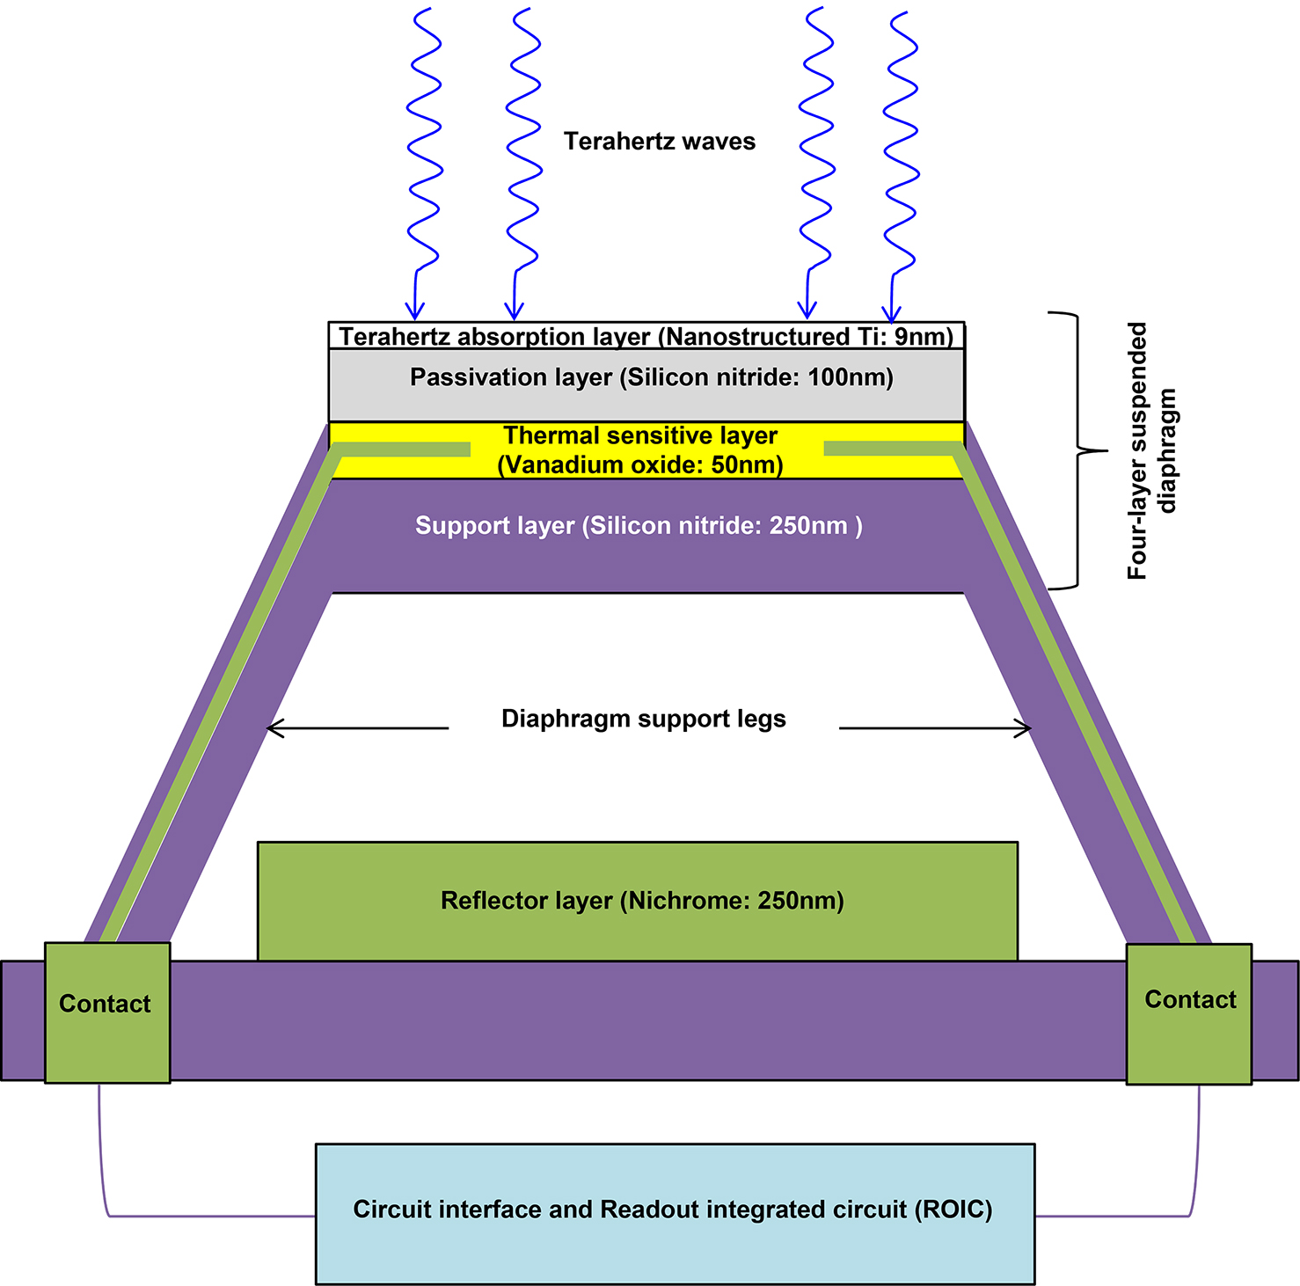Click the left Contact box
pyautogui.click(x=106, y=1012)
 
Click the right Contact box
pyautogui.click(x=1188, y=1013)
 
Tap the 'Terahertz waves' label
pyautogui.click(x=659, y=142)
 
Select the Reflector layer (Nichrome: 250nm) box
pyautogui.click(x=638, y=901)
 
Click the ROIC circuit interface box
pyautogui.click(x=675, y=1213)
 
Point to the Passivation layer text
pyautogui.click(x=651, y=377)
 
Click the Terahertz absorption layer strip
pyautogui.click(x=646, y=337)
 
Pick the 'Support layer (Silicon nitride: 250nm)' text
pyautogui.click(x=638, y=526)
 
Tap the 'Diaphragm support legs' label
pyautogui.click(x=643, y=719)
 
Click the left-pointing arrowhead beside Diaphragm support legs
pyautogui.click(x=274, y=728)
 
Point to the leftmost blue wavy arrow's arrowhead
pyautogui.click(x=414, y=310)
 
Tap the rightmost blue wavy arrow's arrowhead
pyautogui.click(x=892, y=313)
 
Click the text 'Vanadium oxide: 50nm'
pyautogui.click(x=640, y=465)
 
